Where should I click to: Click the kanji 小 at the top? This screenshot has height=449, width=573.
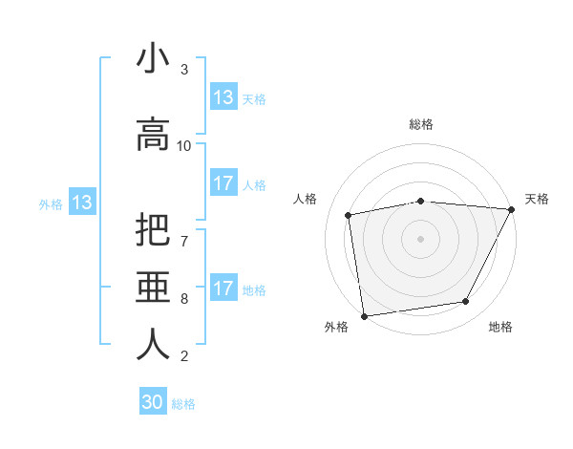[153, 59]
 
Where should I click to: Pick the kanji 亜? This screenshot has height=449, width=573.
[153, 288]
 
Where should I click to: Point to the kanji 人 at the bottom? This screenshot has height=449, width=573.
[153, 344]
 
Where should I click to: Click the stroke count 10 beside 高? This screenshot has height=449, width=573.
[184, 145]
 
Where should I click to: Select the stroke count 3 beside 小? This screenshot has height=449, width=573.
[184, 69]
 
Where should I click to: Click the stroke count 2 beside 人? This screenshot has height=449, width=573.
[184, 356]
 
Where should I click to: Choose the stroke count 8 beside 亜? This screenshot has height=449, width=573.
[184, 298]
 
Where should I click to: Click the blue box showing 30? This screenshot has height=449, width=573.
[153, 402]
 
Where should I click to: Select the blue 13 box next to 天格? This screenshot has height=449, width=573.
[223, 97]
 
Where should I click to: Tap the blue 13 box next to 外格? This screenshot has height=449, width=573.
[81, 203]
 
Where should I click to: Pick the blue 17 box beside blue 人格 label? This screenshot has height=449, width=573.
[223, 183]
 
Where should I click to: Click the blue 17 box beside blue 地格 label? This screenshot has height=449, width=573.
[223, 289]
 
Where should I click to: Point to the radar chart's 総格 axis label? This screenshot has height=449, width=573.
[421, 124]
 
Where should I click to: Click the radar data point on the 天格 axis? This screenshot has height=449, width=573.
[513, 209]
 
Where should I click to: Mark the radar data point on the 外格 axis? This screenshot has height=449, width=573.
[364, 315]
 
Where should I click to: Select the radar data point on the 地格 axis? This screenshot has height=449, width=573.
[466, 302]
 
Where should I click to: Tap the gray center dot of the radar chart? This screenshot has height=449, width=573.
[421, 239]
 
